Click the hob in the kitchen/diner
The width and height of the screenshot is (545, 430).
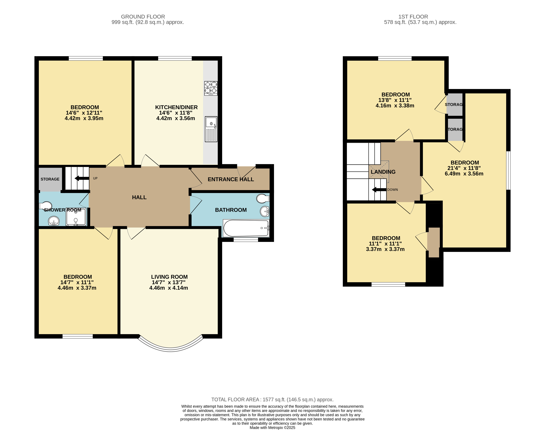(211, 88)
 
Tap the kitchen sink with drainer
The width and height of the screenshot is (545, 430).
(211, 129)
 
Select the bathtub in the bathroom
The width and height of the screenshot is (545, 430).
(246, 228)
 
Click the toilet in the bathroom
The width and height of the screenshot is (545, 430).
(263, 198)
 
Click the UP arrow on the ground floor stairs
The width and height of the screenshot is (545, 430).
(82, 178)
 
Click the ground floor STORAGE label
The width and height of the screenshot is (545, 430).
(50, 179)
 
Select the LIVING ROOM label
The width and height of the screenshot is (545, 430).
(169, 277)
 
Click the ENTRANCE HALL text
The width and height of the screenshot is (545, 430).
(231, 179)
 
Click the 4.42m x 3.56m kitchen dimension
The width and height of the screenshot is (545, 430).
(175, 118)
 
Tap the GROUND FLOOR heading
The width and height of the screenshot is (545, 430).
(143, 17)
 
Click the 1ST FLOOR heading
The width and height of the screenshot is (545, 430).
(413, 17)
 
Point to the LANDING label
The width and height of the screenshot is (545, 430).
(383, 172)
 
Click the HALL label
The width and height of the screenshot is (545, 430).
(139, 197)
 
